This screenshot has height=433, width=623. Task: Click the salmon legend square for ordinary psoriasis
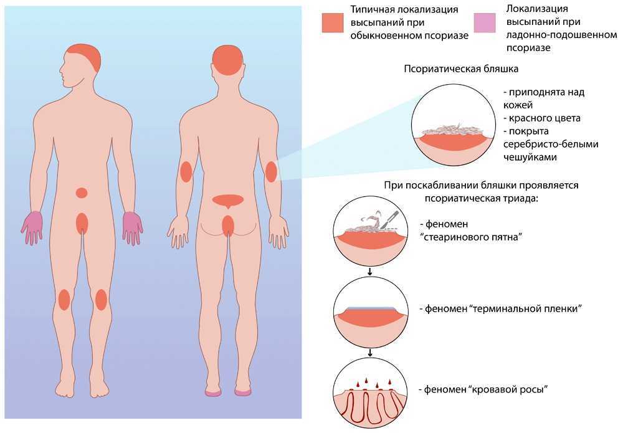(333, 22)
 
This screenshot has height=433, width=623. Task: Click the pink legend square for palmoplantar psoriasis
(485, 22)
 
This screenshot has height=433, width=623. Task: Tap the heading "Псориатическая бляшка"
(461, 69)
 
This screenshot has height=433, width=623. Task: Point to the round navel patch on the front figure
(82, 193)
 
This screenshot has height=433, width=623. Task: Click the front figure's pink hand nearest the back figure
(132, 227)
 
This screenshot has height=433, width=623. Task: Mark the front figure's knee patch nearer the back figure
(102, 300)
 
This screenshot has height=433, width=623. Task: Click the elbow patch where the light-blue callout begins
(272, 171)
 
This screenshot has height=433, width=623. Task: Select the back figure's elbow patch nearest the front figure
(186, 171)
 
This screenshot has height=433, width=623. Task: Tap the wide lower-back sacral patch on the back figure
(227, 201)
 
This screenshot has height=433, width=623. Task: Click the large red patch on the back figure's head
(227, 60)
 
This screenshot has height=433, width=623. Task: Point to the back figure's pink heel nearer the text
(242, 393)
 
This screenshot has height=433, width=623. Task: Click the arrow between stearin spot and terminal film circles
(370, 271)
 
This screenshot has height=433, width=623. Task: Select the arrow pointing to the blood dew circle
(370, 353)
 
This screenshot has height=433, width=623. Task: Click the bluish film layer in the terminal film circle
(370, 308)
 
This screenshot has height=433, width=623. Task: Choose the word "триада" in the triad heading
(521, 198)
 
